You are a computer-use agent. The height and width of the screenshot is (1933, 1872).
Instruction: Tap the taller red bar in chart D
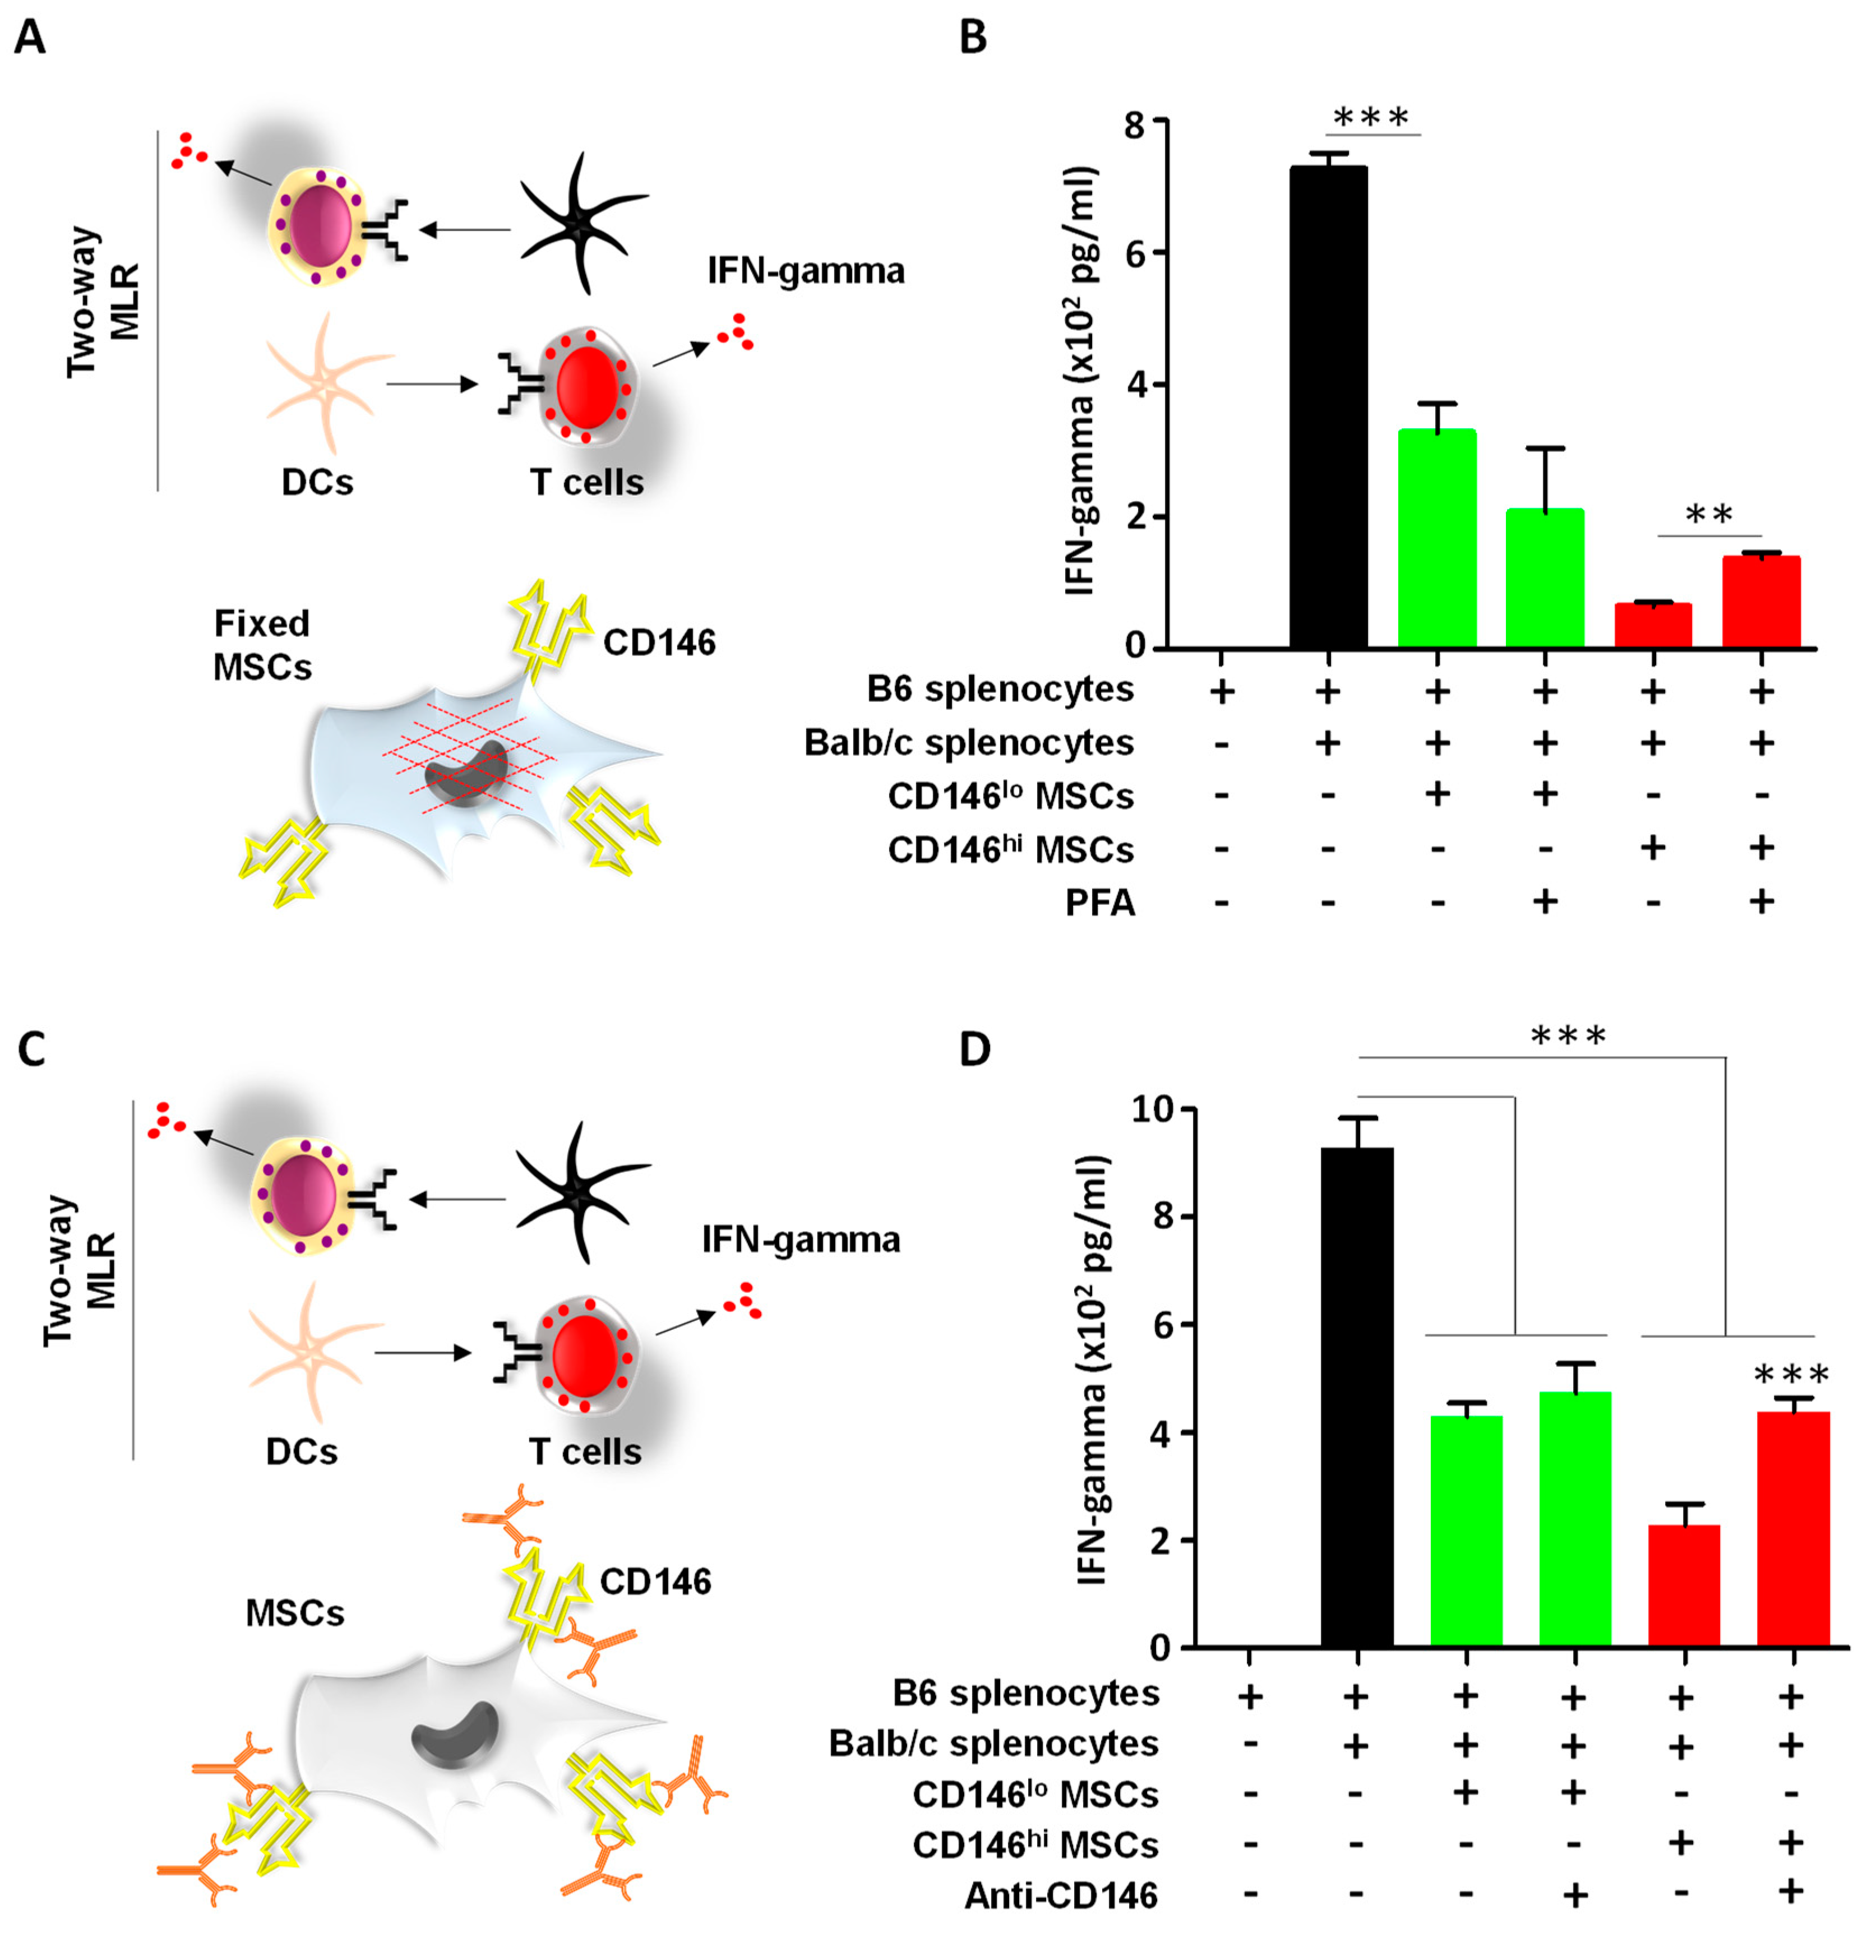point(1792,1529)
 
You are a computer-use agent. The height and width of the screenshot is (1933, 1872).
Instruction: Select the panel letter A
point(30,38)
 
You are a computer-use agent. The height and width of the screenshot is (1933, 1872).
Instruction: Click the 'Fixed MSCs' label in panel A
point(262,645)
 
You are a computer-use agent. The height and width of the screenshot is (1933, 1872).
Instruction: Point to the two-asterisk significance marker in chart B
point(1708,515)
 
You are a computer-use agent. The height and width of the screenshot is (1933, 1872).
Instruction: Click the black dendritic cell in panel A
point(582,225)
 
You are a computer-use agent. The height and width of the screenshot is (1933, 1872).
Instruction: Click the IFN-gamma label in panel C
point(801,1240)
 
